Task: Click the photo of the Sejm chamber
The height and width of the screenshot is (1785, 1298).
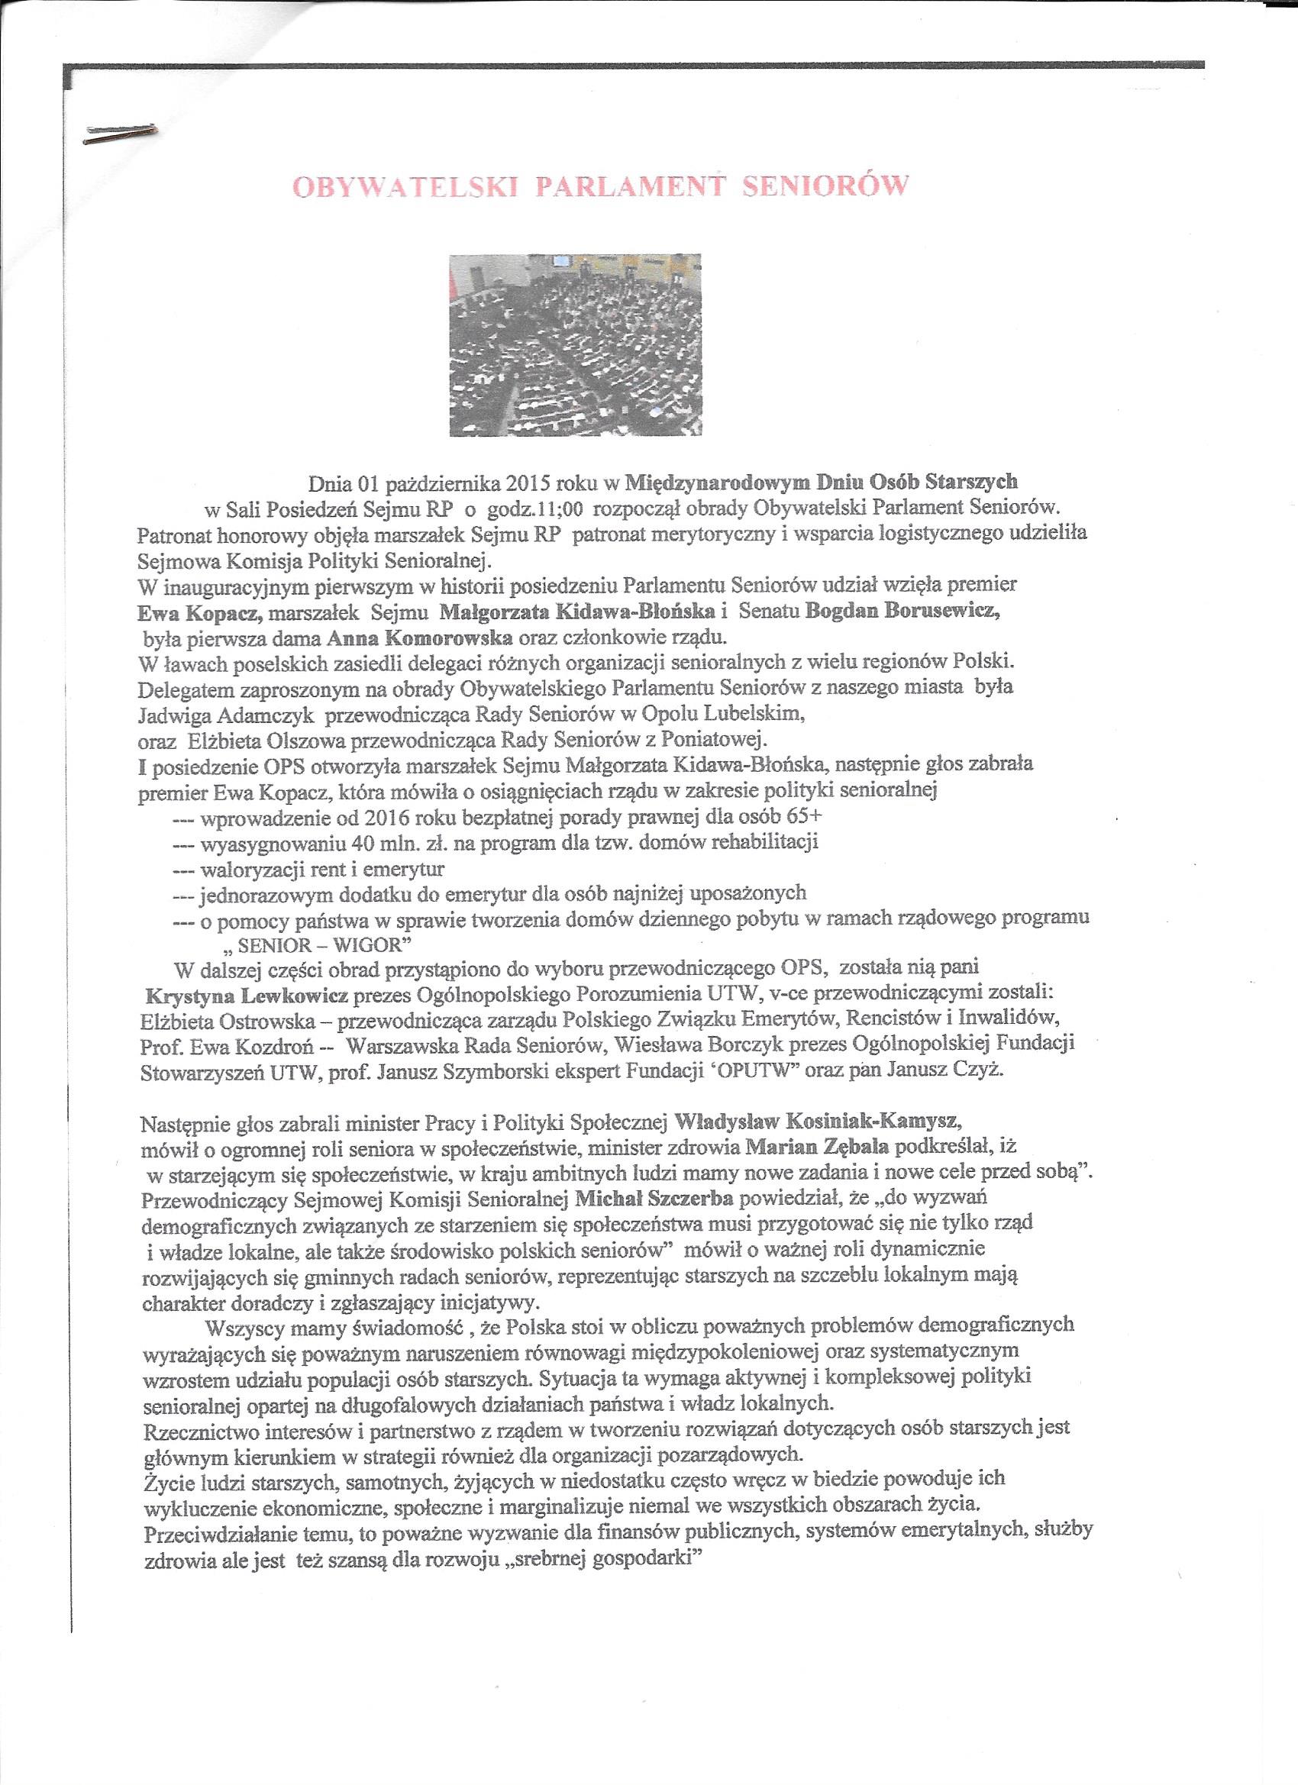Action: tap(575, 345)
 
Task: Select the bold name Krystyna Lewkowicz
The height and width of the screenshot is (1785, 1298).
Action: tap(247, 995)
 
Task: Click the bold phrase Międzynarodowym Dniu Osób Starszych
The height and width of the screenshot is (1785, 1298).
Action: tap(822, 481)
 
